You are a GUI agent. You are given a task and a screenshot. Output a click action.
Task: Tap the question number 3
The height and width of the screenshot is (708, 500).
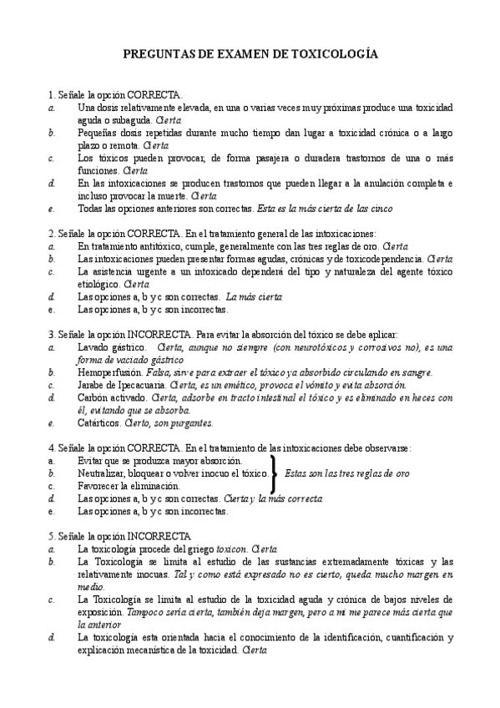click(52, 333)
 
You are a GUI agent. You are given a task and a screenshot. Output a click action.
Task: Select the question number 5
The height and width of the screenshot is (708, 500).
click(52, 534)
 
